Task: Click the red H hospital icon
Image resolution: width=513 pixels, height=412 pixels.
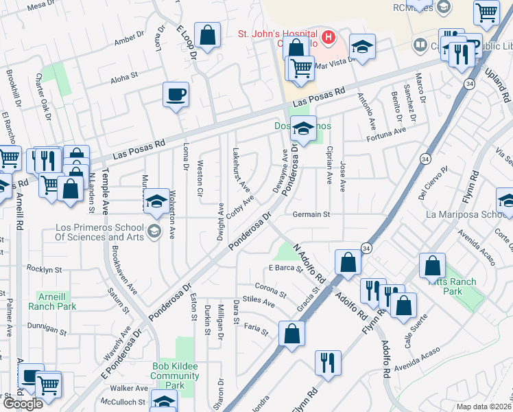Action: point(329,37)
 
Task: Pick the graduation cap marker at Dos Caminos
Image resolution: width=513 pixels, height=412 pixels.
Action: point(302,128)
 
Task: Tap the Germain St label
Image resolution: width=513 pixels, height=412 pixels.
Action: point(311,214)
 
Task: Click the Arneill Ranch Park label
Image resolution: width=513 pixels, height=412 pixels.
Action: point(52,301)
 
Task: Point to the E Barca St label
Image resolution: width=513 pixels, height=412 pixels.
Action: point(285,268)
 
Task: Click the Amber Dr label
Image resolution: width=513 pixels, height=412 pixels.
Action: point(130,41)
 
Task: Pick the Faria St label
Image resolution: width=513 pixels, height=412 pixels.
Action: point(256,330)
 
